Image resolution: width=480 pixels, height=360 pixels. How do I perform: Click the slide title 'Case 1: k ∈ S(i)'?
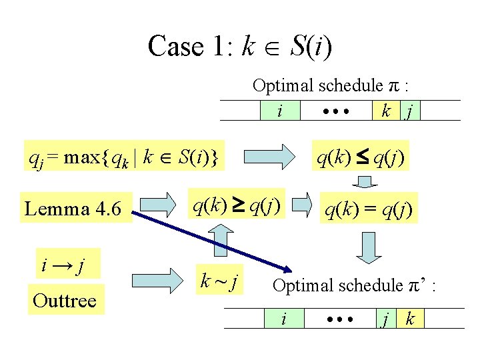(240, 46)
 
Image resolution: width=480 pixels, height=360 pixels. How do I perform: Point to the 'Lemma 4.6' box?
(73, 209)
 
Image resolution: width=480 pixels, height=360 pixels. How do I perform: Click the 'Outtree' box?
(65, 300)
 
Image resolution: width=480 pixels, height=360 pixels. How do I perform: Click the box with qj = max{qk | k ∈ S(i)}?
(123, 157)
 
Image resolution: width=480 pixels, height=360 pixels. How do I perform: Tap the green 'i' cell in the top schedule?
(279, 110)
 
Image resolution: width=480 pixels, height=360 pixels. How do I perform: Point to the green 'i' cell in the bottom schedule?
(284, 319)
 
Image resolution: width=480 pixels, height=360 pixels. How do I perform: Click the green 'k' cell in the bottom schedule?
(409, 319)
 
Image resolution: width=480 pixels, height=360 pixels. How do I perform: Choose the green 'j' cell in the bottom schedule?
(384, 319)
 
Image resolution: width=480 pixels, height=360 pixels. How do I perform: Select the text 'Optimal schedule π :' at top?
(330, 86)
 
